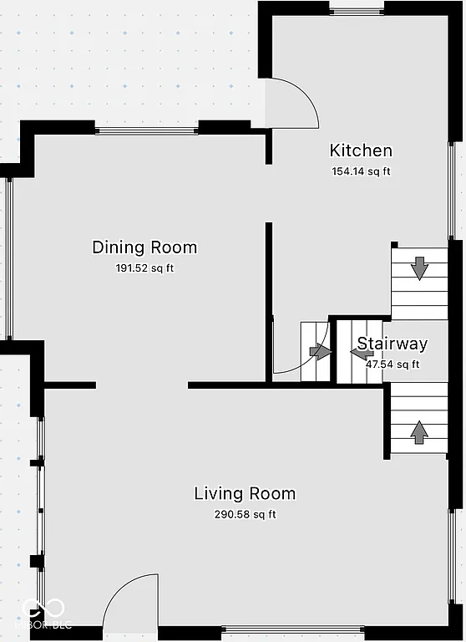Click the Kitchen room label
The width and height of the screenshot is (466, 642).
point(361,150)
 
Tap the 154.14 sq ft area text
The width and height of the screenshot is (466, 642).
point(361,171)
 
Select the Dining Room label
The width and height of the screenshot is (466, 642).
point(144,247)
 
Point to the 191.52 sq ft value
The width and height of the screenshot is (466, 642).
point(144,268)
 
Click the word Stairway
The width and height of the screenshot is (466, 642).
point(393,344)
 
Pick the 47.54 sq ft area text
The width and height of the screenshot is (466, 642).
point(393,364)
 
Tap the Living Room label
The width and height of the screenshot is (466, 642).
point(245,493)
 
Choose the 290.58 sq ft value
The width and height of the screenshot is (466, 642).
point(245,514)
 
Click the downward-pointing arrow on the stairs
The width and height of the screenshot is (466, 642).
point(419,268)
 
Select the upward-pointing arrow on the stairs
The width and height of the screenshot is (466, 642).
point(419,431)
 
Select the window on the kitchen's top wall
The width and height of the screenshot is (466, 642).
point(357,8)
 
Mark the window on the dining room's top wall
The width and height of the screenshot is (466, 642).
point(146,130)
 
